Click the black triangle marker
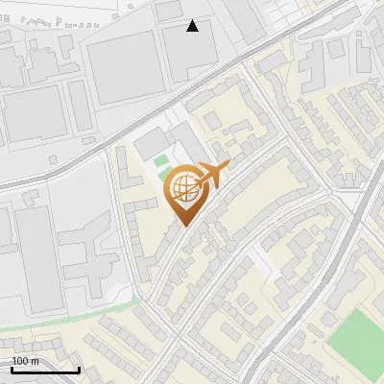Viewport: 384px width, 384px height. [x=192, y=26]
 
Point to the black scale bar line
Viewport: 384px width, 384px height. [x=45, y=370]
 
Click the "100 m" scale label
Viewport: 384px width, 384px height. [x=25, y=361]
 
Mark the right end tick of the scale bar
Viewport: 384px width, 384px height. [x=79, y=369]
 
